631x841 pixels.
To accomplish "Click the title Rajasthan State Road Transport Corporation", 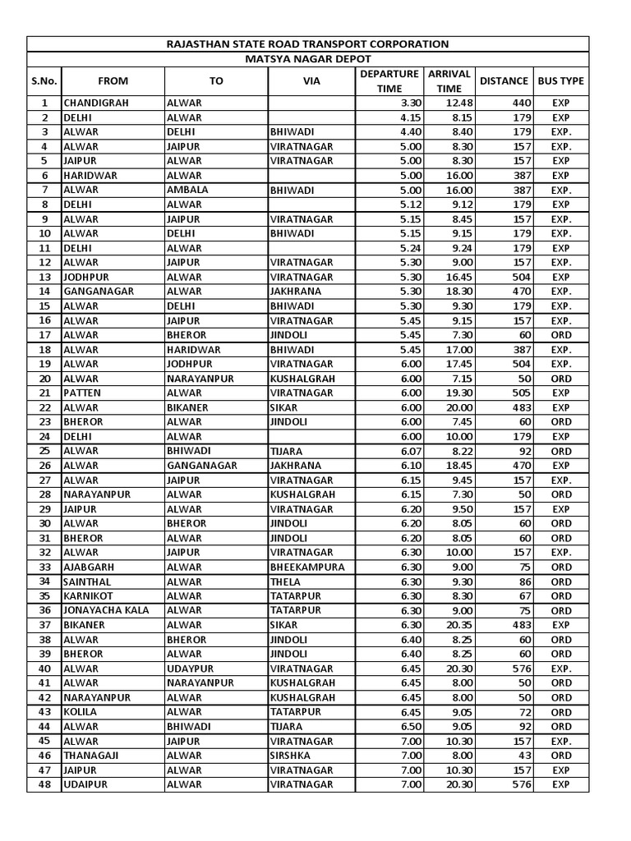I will [x=307, y=44].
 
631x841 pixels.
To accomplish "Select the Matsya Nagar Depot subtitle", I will [x=307, y=59].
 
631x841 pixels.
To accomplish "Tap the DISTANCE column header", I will [x=504, y=80].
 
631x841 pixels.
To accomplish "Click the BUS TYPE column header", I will [x=561, y=80].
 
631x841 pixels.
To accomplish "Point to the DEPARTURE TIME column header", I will [x=389, y=80].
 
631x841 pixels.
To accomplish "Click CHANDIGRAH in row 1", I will [x=96, y=103].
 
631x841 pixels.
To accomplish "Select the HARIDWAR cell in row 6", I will [x=90, y=175].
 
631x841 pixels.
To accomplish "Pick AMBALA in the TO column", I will [x=187, y=190].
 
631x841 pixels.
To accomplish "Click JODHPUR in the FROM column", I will [x=87, y=277].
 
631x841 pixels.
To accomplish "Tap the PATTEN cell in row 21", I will [x=81, y=393].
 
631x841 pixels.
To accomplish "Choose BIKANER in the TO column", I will [x=187, y=407].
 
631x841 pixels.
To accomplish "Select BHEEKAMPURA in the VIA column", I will [x=306, y=567].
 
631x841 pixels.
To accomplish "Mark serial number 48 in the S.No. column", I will [x=44, y=784].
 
